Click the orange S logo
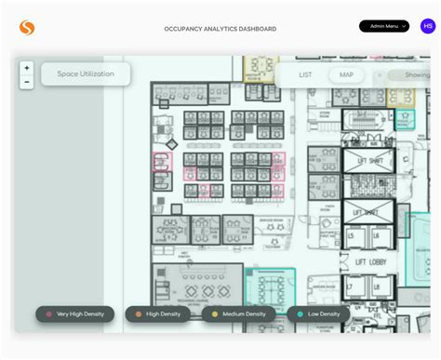(x=27, y=28)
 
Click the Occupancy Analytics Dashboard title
(x=220, y=29)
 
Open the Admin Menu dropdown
(x=384, y=26)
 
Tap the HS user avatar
(x=427, y=26)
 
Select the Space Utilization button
(x=86, y=73)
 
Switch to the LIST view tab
(x=305, y=74)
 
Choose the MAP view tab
(x=346, y=74)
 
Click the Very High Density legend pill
(x=75, y=314)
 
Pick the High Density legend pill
(x=158, y=314)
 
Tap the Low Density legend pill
(x=318, y=314)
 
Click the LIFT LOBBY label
(x=371, y=263)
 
